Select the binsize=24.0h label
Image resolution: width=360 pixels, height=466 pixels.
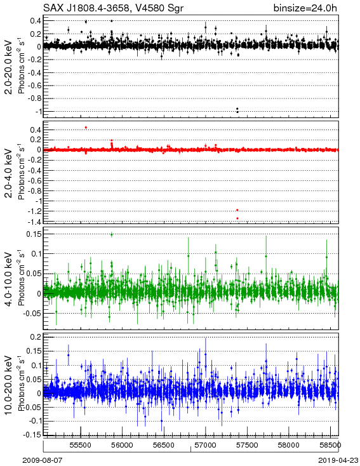tap(305, 8)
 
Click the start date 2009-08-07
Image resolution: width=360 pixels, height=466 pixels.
tap(42, 460)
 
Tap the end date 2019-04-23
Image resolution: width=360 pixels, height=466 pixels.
tap(338, 460)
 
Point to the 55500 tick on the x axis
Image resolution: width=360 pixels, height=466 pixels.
tap(81, 445)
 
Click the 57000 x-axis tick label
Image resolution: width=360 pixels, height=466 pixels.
tap(206, 445)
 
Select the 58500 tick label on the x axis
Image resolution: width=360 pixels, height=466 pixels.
tap(331, 445)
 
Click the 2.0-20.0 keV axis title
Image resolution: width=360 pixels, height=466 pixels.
tap(9, 67)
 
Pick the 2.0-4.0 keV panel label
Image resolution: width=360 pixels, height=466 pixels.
tap(9, 173)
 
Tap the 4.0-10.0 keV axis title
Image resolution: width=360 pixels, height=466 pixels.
tap(9, 279)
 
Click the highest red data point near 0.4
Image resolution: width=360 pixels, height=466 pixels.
tap(86, 128)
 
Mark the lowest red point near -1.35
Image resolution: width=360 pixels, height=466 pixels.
tap(237, 218)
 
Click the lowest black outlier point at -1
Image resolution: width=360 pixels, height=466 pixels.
tap(237, 112)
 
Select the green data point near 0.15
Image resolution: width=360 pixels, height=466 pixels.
tap(112, 234)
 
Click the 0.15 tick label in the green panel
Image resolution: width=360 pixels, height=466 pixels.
tap(34, 234)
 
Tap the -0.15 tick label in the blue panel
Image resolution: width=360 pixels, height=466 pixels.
tap(33, 435)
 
